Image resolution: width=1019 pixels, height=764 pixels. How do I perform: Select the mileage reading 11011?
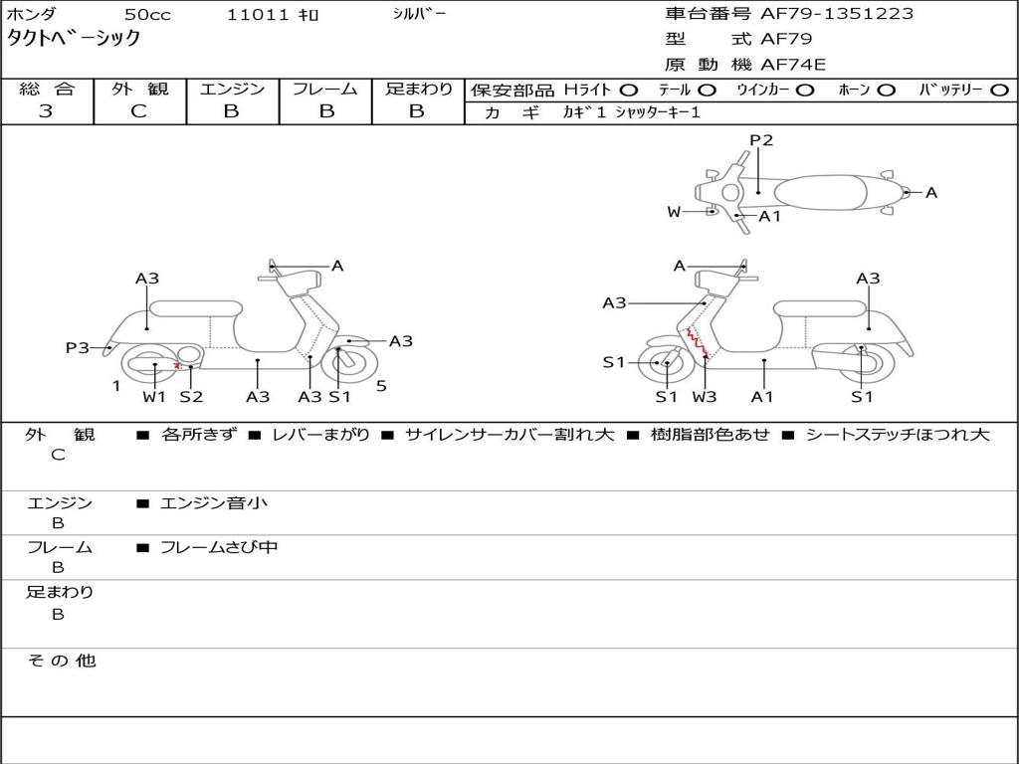(258, 15)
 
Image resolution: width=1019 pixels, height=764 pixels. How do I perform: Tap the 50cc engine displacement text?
(146, 15)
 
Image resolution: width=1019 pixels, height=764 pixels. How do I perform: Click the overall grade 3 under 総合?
(46, 111)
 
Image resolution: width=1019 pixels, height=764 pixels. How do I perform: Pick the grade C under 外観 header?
(138, 111)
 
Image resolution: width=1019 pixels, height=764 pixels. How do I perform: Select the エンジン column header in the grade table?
(232, 90)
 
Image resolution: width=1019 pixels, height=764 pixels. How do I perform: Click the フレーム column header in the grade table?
(324, 90)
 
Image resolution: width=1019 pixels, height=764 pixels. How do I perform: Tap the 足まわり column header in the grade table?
(418, 90)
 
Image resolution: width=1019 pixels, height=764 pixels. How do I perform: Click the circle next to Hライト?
(628, 91)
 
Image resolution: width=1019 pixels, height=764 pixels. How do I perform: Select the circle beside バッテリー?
(1000, 91)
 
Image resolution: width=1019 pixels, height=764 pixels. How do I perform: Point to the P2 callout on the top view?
(761, 140)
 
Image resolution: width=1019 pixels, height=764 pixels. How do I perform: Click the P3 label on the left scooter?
(78, 348)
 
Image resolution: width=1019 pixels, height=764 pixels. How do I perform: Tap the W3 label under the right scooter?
(705, 397)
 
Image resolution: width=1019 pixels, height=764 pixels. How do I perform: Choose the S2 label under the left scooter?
(191, 397)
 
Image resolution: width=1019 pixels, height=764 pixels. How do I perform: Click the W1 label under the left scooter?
(154, 397)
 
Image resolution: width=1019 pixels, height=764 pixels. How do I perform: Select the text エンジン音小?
(214, 503)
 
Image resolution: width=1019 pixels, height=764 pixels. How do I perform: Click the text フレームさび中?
(219, 547)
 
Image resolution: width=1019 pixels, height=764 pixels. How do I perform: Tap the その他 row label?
(61, 661)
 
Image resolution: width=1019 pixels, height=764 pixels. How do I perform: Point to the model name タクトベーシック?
(74, 39)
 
